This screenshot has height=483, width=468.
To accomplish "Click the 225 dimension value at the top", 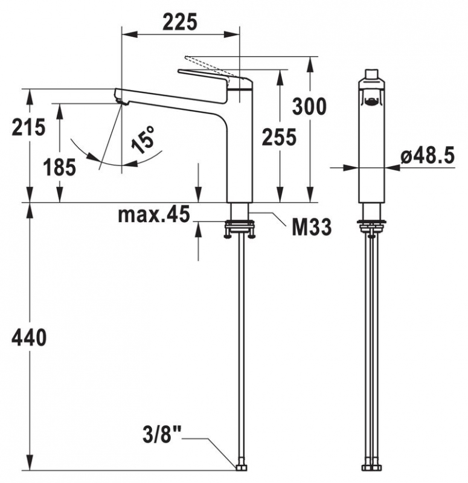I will (x=180, y=22).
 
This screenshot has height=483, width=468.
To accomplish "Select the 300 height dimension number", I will (x=309, y=106).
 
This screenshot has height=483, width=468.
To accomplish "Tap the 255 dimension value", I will (x=279, y=138).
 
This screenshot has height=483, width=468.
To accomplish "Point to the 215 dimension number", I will (x=28, y=127).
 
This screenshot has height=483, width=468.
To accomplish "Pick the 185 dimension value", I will (x=60, y=167).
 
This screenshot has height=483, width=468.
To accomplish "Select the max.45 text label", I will (x=153, y=214).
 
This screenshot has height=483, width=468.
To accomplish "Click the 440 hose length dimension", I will (x=28, y=338).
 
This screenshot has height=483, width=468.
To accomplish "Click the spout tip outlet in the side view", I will (x=121, y=98).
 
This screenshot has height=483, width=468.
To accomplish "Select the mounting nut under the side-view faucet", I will (x=240, y=228).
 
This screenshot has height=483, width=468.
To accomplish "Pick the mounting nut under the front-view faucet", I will (x=372, y=228).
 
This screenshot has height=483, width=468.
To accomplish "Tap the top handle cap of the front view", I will (x=372, y=77).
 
